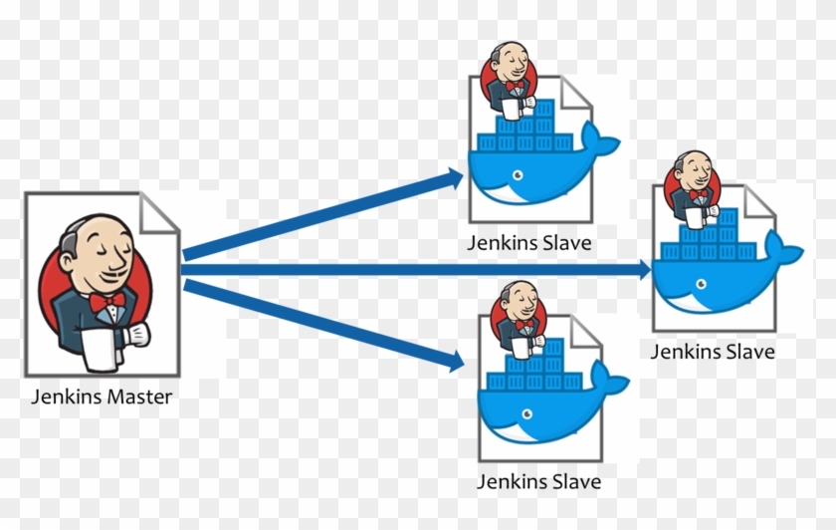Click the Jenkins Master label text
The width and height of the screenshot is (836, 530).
101,397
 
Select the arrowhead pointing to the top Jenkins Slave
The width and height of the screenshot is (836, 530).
455,178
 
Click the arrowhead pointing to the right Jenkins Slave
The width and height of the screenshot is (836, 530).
643,270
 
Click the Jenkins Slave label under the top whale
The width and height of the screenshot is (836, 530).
530,243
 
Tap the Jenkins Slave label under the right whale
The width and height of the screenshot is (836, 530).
712,351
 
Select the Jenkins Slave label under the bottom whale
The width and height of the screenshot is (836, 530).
538,481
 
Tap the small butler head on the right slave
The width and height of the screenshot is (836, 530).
691,175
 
